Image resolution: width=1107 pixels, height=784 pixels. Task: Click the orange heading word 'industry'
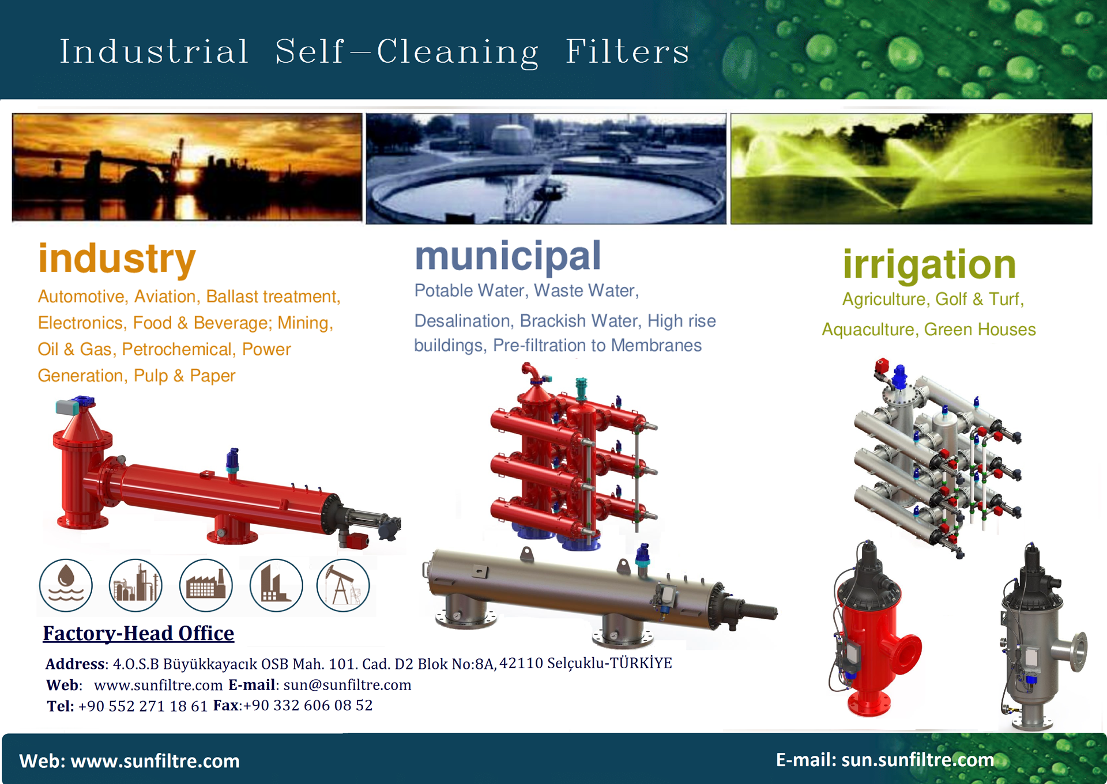[117, 260]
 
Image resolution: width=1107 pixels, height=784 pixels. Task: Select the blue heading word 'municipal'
[508, 257]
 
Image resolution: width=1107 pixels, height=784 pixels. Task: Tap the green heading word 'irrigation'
[929, 265]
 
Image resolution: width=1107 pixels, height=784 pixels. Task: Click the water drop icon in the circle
[66, 585]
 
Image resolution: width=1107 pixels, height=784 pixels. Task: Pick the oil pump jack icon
[343, 585]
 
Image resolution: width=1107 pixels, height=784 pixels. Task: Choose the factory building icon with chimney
[206, 585]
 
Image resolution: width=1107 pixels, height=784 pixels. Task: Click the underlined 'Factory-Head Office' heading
[138, 634]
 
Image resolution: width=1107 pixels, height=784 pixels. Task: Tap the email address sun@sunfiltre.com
[347, 685]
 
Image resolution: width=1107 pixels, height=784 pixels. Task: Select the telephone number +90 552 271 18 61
[142, 706]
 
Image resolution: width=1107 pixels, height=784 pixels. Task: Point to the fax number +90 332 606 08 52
[308, 706]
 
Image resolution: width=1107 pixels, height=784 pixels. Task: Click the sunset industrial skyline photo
[187, 167]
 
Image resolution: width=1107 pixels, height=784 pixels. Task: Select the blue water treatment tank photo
[546, 168]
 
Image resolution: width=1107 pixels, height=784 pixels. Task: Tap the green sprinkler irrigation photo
[911, 168]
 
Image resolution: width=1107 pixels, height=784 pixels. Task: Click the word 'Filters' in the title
[627, 52]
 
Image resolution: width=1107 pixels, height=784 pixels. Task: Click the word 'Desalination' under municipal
[463, 321]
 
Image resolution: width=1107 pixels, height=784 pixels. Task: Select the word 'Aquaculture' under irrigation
[868, 329]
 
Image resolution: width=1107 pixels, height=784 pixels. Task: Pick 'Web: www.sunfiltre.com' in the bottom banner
[129, 761]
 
